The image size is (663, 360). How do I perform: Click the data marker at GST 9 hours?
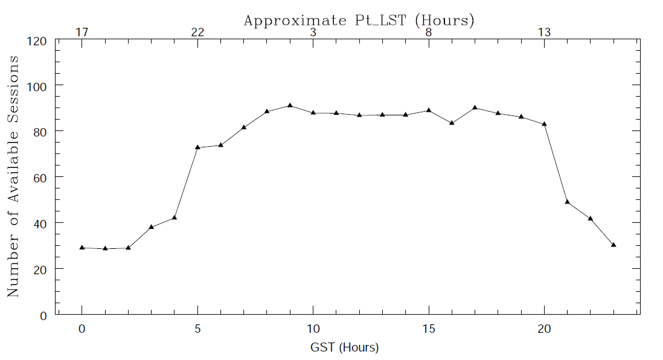coord(290,105)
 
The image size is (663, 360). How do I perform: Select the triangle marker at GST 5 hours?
coord(197,147)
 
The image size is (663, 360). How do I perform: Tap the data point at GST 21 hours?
coord(568,201)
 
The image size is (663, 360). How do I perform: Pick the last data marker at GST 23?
coord(613,245)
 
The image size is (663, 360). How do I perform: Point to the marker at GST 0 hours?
coord(82,247)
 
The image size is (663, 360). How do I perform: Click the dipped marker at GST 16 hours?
coord(452,123)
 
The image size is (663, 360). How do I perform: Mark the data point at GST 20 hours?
coord(545,124)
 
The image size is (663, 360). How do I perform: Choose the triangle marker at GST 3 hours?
coord(152,227)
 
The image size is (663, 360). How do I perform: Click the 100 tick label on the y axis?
coord(39,85)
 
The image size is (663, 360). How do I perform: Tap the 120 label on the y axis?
coord(39,41)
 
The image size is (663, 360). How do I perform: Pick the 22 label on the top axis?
coord(197,32)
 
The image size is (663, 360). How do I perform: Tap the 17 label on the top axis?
coord(82,32)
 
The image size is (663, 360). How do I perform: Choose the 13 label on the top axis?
coord(544,32)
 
